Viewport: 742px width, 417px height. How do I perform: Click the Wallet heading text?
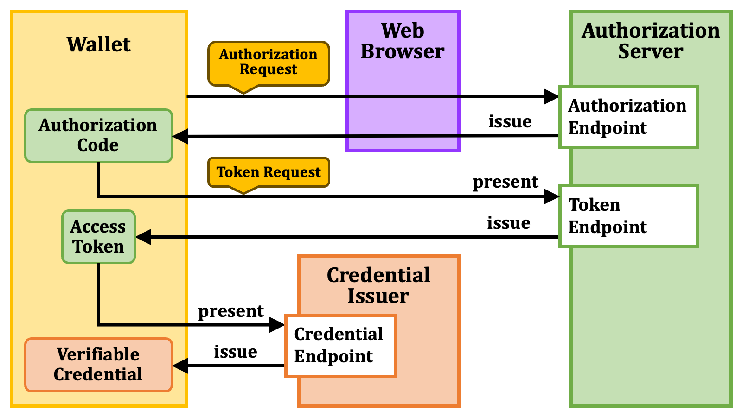[99, 44]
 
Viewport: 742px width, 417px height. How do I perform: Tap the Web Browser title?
[403, 41]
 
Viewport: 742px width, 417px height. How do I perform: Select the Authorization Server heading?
[651, 41]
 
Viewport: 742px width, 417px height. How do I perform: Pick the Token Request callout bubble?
[269, 172]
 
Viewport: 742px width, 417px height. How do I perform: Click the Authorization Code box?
[98, 136]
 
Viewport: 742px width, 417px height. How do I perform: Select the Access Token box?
[98, 237]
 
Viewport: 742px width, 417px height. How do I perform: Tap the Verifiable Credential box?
[98, 365]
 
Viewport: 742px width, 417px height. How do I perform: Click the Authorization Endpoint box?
[628, 117]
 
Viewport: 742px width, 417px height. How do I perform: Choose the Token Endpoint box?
[628, 216]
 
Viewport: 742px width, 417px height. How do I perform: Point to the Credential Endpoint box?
[340, 346]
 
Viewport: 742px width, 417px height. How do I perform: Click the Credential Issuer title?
[378, 285]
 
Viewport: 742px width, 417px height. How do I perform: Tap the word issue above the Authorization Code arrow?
[510, 121]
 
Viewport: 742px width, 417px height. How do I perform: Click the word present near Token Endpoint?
[505, 183]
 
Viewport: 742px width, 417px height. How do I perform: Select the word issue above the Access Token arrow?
[508, 223]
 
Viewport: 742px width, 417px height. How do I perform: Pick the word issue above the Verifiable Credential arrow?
[236, 352]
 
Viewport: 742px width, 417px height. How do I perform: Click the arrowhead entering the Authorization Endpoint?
[551, 97]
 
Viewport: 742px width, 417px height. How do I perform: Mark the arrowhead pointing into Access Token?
[143, 237]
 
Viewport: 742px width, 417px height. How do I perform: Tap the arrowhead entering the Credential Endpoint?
[277, 325]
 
